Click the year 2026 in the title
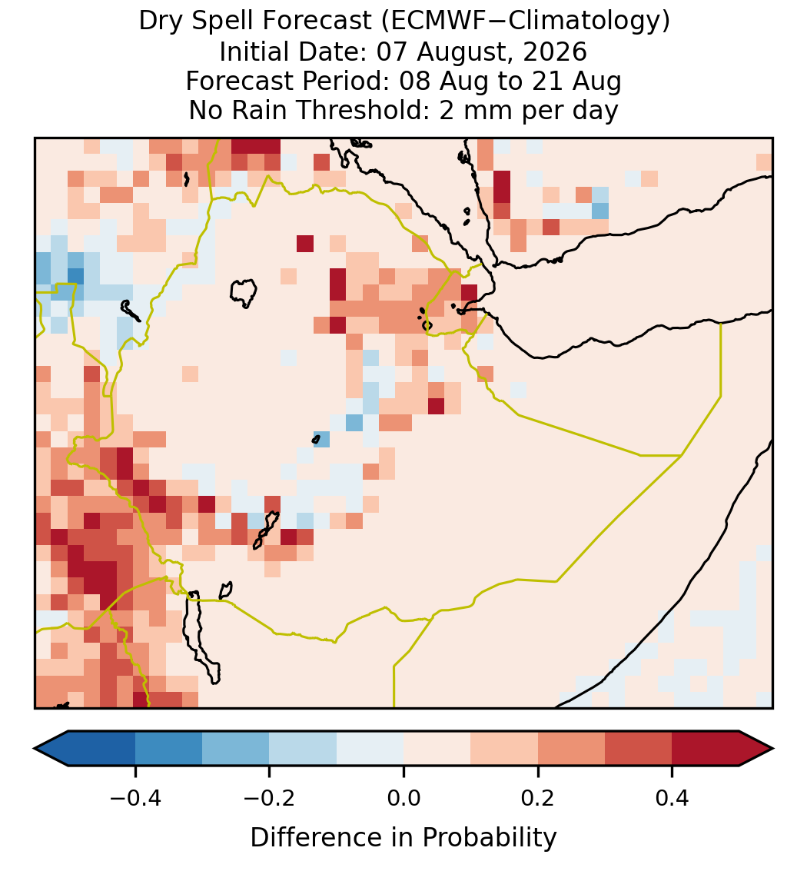(x=555, y=52)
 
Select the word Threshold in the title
(x=357, y=110)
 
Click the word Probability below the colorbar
(x=489, y=838)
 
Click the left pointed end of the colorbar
(x=35, y=749)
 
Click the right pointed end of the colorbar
(x=772, y=749)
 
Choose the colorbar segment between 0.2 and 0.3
(x=571, y=749)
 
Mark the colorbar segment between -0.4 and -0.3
(x=168, y=749)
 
